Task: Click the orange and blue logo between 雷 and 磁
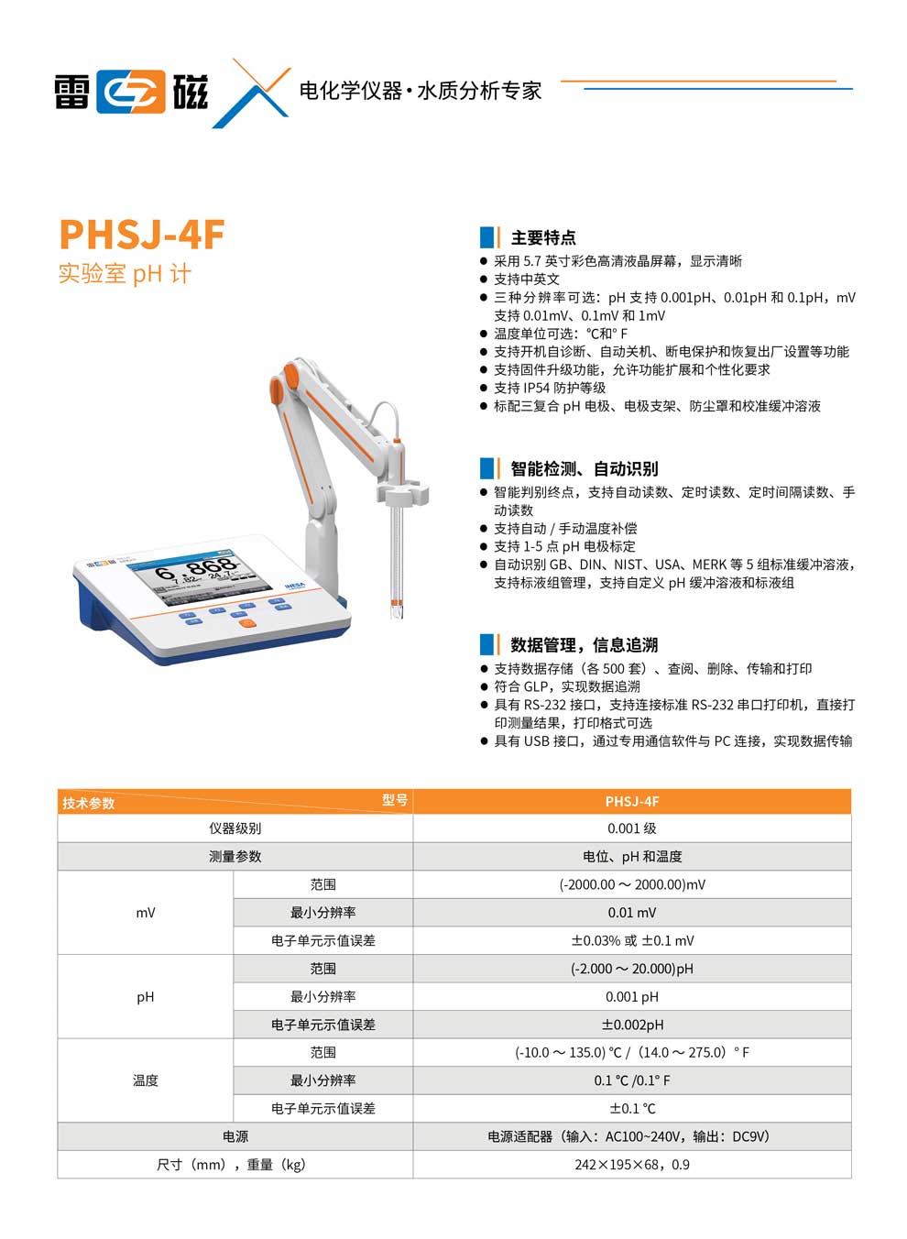pos(132,92)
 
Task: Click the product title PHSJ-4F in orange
pos(142,235)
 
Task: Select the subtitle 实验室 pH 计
pos(125,274)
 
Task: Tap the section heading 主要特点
pos(542,238)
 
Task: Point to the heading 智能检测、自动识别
pos(584,469)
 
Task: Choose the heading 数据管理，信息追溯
pos(584,645)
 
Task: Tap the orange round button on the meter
pos(246,623)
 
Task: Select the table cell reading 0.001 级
pos(632,828)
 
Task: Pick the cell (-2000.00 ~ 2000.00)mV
pos(632,885)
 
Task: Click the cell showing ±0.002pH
pos(632,1025)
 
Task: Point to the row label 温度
pos(146,1080)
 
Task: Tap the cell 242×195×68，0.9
pos(632,1165)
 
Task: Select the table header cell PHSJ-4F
pos(632,802)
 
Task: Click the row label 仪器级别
pos(235,828)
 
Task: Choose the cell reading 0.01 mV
pos(632,913)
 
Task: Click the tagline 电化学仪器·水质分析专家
pos(421,91)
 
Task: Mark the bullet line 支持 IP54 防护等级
pos(550,389)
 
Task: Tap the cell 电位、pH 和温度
pos(632,857)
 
